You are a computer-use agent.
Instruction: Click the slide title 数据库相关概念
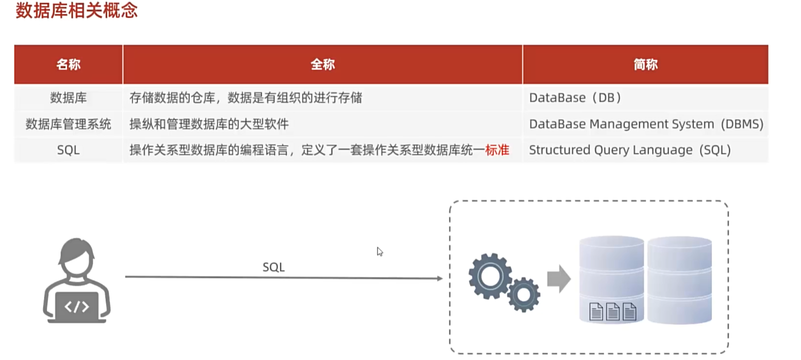click(76, 10)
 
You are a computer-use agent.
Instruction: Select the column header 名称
click(68, 64)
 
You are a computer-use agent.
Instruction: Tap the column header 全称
click(322, 64)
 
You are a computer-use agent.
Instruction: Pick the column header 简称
click(645, 64)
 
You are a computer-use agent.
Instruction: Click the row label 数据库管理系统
click(68, 124)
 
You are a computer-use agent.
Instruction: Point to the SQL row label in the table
click(68, 150)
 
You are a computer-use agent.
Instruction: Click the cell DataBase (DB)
click(575, 97)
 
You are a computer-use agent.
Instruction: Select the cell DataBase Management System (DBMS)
click(646, 124)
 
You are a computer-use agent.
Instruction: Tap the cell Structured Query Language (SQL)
click(629, 150)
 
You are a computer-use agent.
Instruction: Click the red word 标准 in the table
click(497, 150)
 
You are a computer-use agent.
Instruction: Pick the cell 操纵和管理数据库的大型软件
click(209, 124)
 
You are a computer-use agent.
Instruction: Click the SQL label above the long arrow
click(273, 267)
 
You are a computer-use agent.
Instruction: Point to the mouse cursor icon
click(379, 251)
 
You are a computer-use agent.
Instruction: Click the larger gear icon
click(489, 275)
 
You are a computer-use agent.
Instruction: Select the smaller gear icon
click(523, 294)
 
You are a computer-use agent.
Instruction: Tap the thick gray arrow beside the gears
click(558, 278)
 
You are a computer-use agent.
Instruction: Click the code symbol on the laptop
click(76, 306)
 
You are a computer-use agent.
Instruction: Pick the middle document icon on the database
click(612, 312)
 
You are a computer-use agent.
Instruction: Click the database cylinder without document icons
click(679, 279)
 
